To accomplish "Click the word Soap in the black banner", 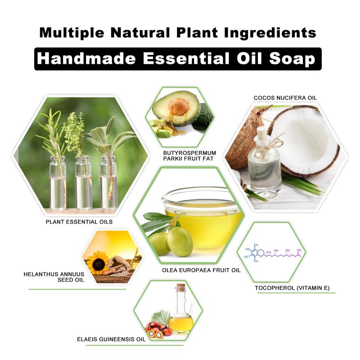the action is (292, 58).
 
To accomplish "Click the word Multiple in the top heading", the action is (72, 33).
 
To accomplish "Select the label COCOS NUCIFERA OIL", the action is (285, 98).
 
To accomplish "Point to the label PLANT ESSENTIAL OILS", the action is (79, 222).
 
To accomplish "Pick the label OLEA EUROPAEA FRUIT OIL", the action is (201, 270).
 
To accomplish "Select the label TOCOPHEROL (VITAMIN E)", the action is (292, 288).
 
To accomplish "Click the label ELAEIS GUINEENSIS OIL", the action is (111, 339).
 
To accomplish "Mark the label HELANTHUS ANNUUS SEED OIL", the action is (54, 277).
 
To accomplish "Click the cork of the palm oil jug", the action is (180, 288).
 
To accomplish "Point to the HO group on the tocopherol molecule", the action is (248, 249).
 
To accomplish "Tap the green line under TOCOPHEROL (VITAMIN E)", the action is (296, 293).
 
